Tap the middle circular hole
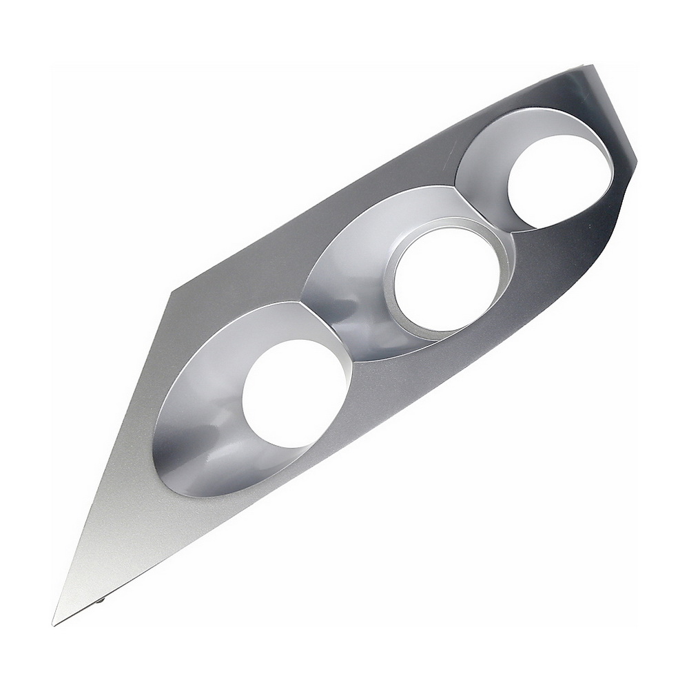(x=447, y=278)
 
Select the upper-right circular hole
(x=559, y=181)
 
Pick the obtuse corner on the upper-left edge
(x=170, y=292)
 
